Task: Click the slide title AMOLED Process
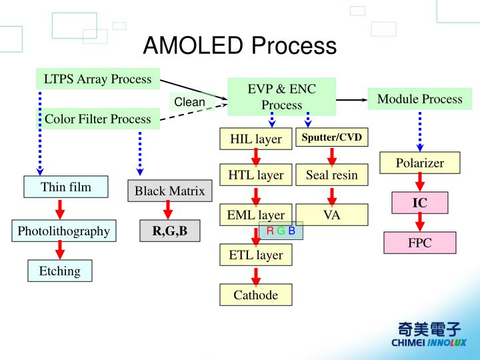(x=240, y=46)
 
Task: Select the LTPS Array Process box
(x=97, y=79)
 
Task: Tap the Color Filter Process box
(x=97, y=119)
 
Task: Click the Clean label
(x=189, y=102)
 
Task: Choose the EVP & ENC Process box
(x=281, y=97)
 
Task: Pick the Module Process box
(x=419, y=99)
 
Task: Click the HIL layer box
(x=255, y=139)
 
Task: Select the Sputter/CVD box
(x=331, y=138)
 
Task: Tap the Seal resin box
(x=331, y=175)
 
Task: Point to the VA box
(x=331, y=215)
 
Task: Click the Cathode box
(x=255, y=295)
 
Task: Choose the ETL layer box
(x=255, y=255)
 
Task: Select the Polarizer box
(x=419, y=163)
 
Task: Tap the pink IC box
(x=419, y=203)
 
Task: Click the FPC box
(x=419, y=243)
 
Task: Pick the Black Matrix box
(x=169, y=191)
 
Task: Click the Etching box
(x=59, y=271)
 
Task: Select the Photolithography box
(x=63, y=231)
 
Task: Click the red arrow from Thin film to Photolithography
(x=59, y=209)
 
